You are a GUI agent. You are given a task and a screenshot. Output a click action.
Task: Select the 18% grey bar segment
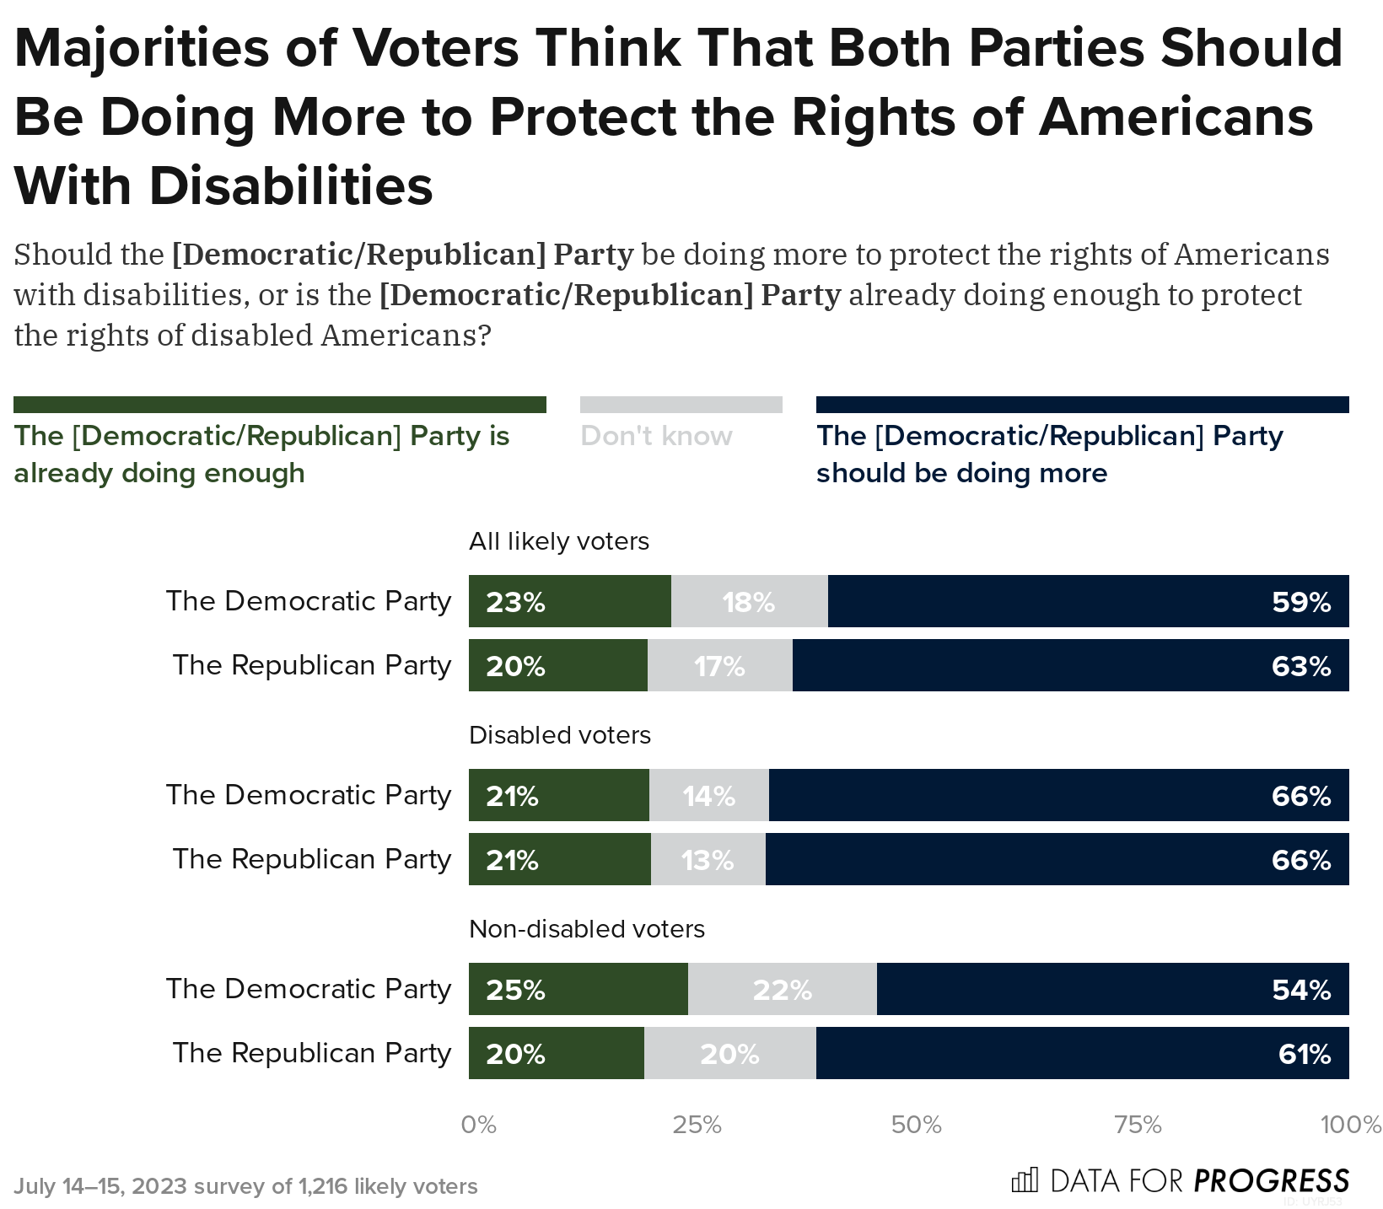749,602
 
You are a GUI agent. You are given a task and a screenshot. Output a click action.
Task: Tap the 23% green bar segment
570,602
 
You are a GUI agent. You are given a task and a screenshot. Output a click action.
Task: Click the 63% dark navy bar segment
1071,666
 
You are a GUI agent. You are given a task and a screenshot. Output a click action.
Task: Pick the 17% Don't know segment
719,666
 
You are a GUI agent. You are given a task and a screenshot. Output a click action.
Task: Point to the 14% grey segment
708,796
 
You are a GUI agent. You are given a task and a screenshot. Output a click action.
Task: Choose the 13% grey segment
708,860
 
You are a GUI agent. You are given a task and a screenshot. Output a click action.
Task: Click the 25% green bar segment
578,990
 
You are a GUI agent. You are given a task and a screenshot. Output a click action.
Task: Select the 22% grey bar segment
782,990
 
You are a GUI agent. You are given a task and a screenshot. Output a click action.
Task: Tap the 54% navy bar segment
1113,990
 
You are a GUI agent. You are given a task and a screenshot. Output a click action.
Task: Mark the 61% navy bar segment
1083,1054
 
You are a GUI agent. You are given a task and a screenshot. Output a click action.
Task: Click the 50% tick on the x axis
917,1125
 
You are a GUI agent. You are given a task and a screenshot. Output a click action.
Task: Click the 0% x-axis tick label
478,1125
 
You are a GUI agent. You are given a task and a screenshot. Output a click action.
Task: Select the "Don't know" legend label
656,436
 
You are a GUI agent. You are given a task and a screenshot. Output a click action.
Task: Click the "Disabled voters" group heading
560,735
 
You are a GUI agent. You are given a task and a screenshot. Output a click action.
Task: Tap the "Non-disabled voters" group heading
586,929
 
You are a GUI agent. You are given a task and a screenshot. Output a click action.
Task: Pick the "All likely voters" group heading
558,540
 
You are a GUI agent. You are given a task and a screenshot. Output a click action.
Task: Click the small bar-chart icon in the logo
1024,1179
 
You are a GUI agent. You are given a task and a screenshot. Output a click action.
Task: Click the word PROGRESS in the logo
1271,1180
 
